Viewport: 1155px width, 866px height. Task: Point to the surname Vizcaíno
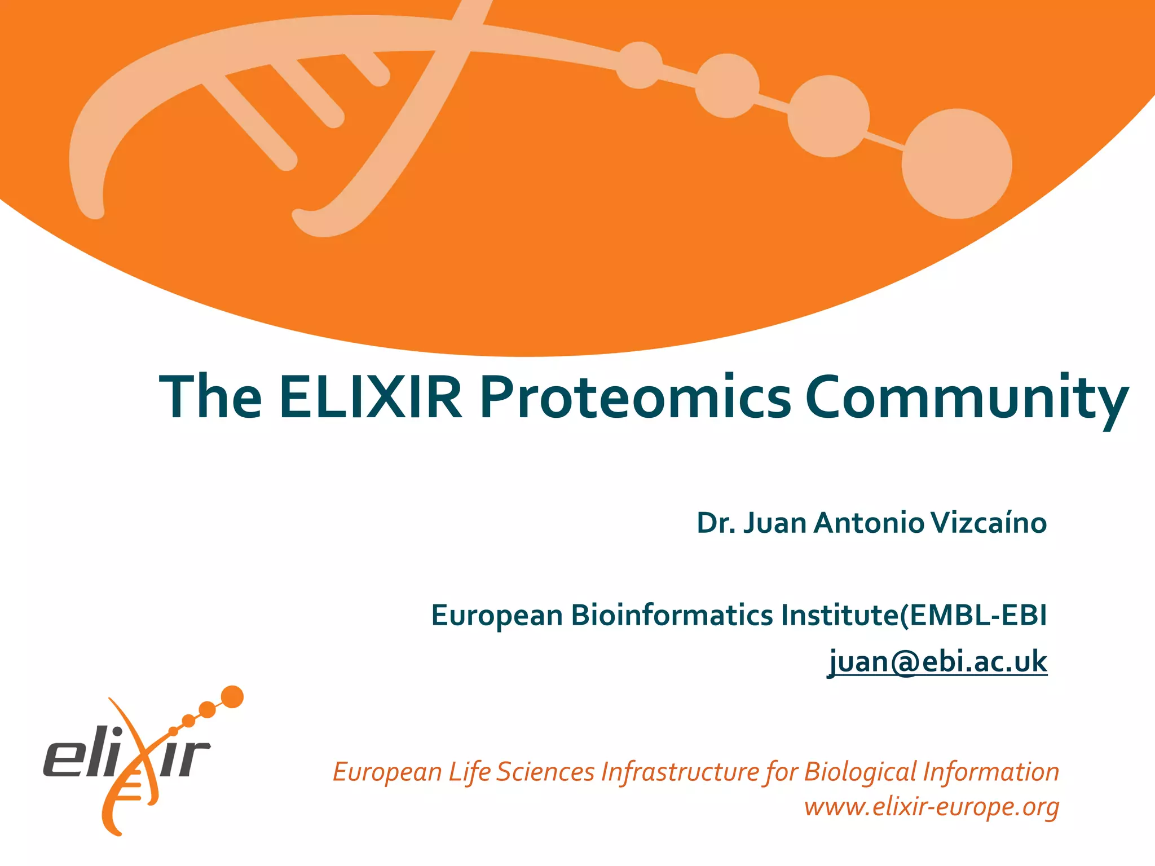pyautogui.click(x=989, y=523)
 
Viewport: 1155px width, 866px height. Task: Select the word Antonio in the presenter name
pyautogui.click(x=869, y=523)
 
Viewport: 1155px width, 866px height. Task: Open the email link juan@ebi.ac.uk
pyautogui.click(x=937, y=661)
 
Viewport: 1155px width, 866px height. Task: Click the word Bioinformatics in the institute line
pyautogui.click(x=672, y=615)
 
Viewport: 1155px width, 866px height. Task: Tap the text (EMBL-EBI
pyautogui.click(x=974, y=615)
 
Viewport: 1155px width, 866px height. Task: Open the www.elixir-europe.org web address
pyautogui.click(x=932, y=807)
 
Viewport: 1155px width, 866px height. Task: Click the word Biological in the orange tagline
pyautogui.click(x=861, y=771)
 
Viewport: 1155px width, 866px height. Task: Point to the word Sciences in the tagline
pyautogui.click(x=545, y=771)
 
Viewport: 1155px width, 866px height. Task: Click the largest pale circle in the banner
pyautogui.click(x=956, y=164)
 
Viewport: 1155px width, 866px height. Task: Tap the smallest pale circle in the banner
pyautogui.click(x=639, y=65)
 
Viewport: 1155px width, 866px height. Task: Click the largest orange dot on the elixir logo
pyautogui.click(x=232, y=697)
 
